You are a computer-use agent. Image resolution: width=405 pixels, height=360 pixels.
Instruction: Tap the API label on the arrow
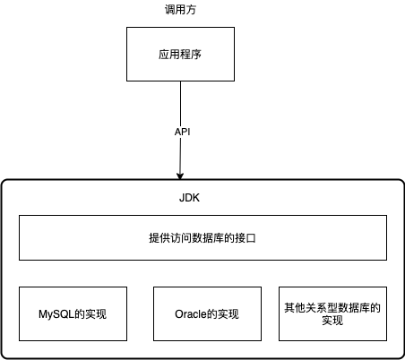182,131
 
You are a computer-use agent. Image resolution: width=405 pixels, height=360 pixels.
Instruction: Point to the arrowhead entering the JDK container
181,176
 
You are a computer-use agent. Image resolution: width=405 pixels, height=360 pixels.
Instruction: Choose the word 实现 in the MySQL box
99,314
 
